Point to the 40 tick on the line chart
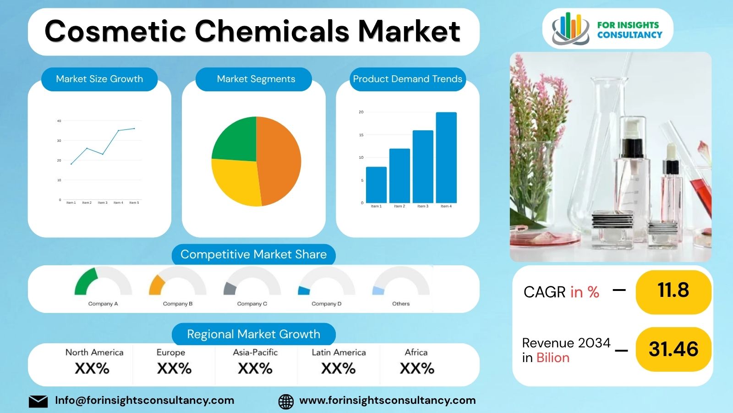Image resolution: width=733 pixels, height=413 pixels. pos(59,121)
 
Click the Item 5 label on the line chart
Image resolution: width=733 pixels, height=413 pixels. pos(134,203)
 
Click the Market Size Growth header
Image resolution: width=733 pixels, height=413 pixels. pos(99,79)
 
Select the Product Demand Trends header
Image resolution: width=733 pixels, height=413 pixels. pos(407,79)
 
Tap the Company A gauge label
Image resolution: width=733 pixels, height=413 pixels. pos(103,304)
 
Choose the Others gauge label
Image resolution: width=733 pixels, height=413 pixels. pos(401,304)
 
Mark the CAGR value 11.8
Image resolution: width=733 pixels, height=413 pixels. pos(673,290)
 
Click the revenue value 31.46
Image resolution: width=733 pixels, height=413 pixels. pos(673,349)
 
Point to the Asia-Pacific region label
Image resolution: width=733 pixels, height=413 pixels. pos(255,352)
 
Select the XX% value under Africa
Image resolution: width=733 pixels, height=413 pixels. pos(417,368)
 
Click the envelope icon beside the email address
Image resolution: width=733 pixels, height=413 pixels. pos(38,402)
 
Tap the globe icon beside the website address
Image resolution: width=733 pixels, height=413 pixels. pos(286,402)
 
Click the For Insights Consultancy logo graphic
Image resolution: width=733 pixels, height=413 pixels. pos(570,28)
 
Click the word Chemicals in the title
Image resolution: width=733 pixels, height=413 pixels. pos(273,31)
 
